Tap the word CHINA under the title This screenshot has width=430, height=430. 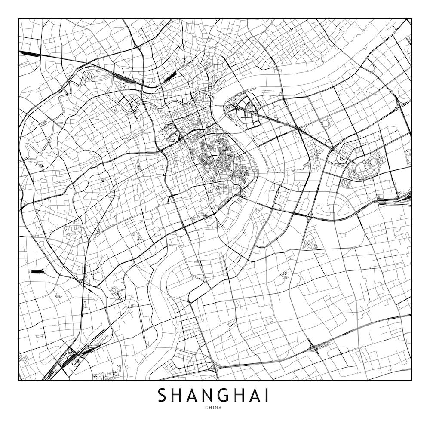point(213,408)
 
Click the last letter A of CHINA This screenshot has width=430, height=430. point(221,408)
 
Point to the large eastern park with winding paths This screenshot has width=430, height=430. point(365,166)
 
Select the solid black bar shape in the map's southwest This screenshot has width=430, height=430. point(37,271)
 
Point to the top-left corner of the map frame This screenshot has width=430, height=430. point(19,19)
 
